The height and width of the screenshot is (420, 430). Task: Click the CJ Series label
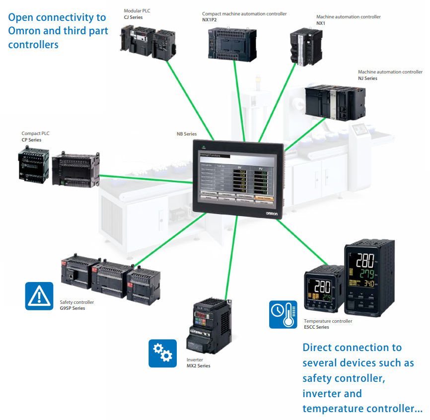(133, 17)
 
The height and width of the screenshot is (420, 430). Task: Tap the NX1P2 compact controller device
(231, 38)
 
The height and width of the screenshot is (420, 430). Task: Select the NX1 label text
(321, 23)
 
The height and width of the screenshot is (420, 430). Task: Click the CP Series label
(31, 140)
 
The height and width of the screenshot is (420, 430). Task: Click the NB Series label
(187, 134)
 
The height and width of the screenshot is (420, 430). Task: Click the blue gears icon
(163, 353)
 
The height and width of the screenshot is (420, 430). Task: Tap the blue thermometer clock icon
(283, 314)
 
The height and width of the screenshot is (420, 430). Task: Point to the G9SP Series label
(72, 308)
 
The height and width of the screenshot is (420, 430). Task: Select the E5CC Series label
(316, 327)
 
